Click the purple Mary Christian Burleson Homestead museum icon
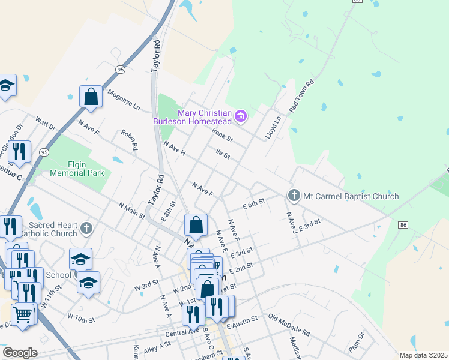[x=240, y=116]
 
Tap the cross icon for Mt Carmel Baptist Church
[x=294, y=195]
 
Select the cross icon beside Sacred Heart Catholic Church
[x=86, y=228]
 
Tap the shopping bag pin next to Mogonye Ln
[x=91, y=97]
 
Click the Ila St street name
[x=223, y=154]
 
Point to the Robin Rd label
[x=130, y=139]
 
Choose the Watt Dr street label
[x=46, y=124]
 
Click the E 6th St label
[x=254, y=205]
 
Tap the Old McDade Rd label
[x=289, y=325]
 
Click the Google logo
[x=20, y=353]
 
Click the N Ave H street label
[x=175, y=149]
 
